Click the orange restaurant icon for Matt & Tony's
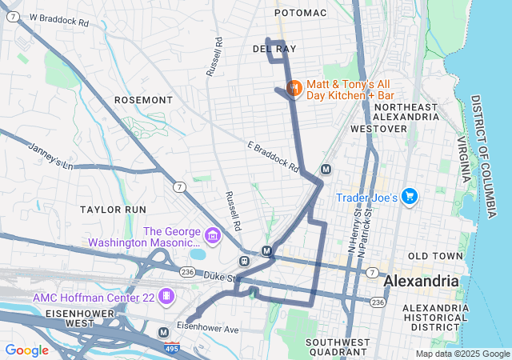pos(293,87)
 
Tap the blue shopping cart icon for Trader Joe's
pos(410,196)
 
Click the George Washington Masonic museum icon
pos(212,235)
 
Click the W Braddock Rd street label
pos(59,18)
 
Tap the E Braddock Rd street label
pos(273,157)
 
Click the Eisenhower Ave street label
pos(208,329)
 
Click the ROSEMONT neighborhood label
pos(143,100)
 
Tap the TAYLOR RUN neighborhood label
pos(113,209)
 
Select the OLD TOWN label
pos(435,256)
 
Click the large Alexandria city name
pos(422,282)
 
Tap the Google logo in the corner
pos(27,350)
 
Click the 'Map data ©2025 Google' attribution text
pos(462,354)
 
